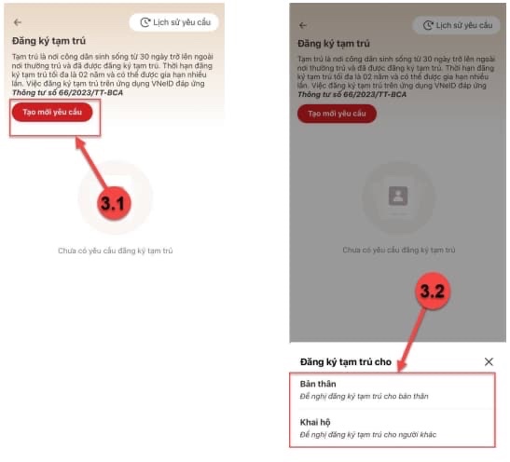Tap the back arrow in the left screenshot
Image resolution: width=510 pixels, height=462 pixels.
[x=18, y=22]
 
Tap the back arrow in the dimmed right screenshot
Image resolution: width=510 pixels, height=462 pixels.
[x=303, y=25]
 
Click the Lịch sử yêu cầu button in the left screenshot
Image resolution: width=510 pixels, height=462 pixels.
[x=174, y=22]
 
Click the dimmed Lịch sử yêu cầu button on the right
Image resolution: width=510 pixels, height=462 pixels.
[x=456, y=25]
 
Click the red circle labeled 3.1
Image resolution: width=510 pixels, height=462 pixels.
[x=114, y=203]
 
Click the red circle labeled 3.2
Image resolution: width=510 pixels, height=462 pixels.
[x=433, y=291]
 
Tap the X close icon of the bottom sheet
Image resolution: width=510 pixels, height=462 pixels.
[x=489, y=361]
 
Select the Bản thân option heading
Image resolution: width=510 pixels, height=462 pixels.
[x=318, y=384]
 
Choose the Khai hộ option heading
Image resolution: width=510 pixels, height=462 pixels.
[x=315, y=422]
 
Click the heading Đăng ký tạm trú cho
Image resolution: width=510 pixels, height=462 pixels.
[x=345, y=362]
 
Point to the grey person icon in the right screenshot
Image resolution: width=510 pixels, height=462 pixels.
[x=398, y=196]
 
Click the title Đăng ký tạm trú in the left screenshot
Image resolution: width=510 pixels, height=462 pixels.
[x=48, y=41]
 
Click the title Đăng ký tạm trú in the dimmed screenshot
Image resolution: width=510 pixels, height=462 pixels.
[x=334, y=44]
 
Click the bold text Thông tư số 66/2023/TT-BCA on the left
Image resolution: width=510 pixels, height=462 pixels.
[x=67, y=93]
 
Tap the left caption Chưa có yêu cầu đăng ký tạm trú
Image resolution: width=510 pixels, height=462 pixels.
[x=115, y=251]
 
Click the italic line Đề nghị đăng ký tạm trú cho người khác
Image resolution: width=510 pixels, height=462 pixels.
[x=368, y=434]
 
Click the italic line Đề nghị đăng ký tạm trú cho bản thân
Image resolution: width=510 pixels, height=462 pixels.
[x=364, y=396]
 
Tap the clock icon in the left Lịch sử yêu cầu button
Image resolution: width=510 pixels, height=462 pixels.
[x=145, y=22]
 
